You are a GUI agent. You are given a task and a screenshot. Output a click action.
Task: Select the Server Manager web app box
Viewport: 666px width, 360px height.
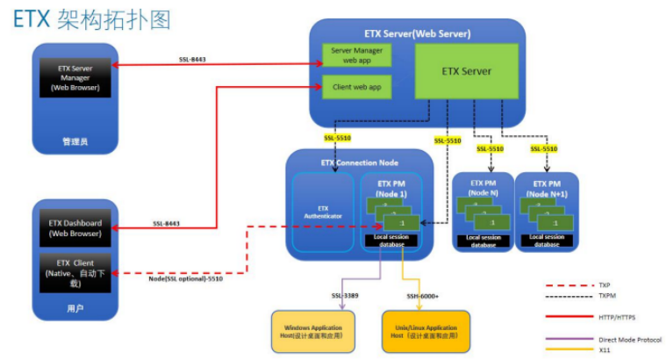354,55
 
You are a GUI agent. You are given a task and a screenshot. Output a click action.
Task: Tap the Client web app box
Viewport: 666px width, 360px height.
354,87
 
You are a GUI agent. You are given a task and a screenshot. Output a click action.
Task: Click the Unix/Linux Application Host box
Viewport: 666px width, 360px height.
426,331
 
